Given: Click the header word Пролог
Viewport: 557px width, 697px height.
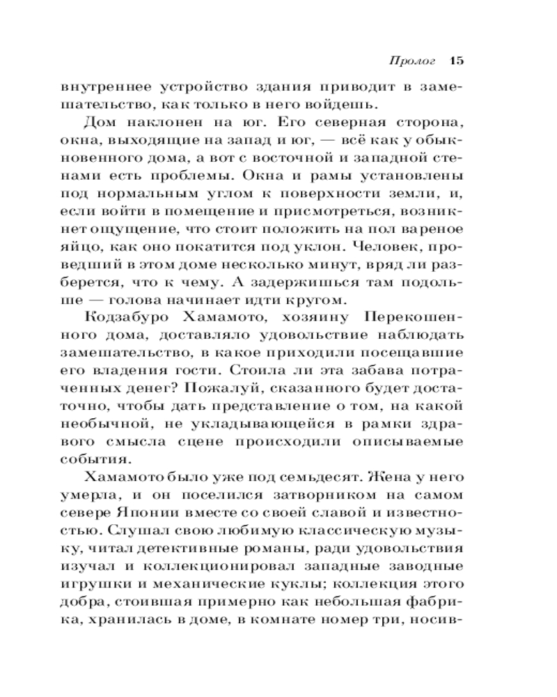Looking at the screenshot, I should pyautogui.click(x=411, y=61).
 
